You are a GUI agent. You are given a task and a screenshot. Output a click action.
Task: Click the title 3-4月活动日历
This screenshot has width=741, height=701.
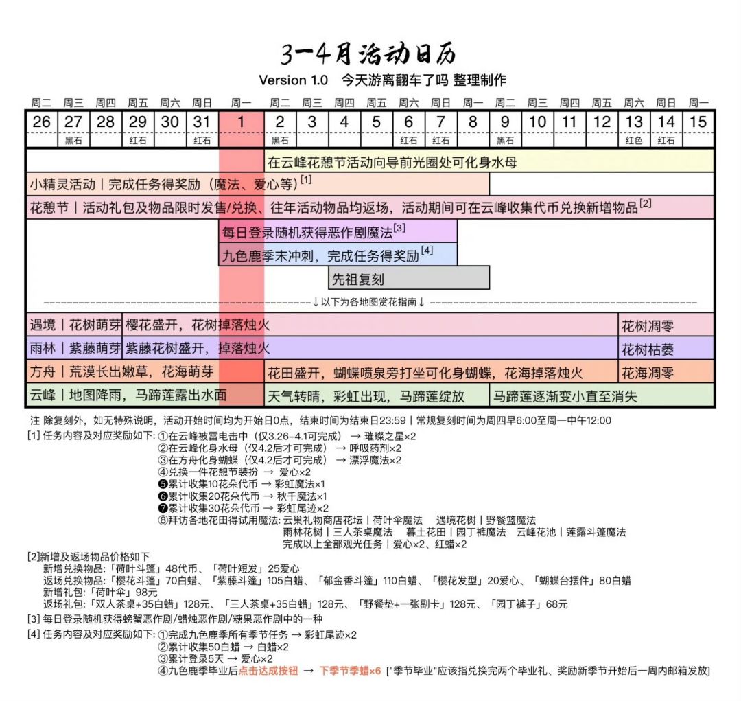pyautogui.click(x=368, y=54)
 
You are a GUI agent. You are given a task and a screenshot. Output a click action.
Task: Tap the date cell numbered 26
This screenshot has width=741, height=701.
pyautogui.click(x=41, y=122)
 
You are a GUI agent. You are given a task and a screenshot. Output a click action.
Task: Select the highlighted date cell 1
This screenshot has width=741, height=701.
pyautogui.click(x=241, y=122)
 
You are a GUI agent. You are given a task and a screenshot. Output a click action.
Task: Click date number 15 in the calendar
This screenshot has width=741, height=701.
pyautogui.click(x=698, y=122)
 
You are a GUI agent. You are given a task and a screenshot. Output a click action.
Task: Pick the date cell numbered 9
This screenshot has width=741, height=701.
pyautogui.click(x=505, y=122)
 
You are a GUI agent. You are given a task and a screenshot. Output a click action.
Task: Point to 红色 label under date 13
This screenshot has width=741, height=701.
pyautogui.click(x=633, y=141)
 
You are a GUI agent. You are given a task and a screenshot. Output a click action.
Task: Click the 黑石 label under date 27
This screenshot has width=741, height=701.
pyautogui.click(x=73, y=141)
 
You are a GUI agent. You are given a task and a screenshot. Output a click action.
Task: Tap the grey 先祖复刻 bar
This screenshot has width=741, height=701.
pyautogui.click(x=409, y=278)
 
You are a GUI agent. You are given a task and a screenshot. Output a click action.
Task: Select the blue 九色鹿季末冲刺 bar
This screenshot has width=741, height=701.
pyautogui.click(x=338, y=255)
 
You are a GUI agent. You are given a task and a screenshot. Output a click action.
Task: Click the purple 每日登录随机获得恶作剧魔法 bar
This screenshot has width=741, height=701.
pyautogui.click(x=338, y=231)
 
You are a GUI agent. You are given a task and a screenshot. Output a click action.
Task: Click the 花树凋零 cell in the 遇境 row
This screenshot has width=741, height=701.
pyautogui.click(x=666, y=325)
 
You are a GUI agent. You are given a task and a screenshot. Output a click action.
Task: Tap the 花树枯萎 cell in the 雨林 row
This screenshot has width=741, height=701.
pyautogui.click(x=666, y=349)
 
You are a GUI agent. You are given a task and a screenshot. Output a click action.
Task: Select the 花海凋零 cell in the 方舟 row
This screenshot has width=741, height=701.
pyautogui.click(x=666, y=373)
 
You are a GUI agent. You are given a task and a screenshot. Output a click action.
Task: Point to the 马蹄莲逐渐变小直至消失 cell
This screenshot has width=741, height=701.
pyautogui.click(x=602, y=396)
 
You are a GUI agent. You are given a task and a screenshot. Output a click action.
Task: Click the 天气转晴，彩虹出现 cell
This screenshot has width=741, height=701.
pyautogui.click(x=377, y=396)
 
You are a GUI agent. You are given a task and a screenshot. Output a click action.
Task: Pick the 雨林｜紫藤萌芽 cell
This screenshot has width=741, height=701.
pyautogui.click(x=74, y=349)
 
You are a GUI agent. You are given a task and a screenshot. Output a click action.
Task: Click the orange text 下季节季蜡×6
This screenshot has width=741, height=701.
pyautogui.click(x=350, y=671)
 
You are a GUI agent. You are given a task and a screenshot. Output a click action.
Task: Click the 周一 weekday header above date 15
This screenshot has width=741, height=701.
pyautogui.click(x=698, y=103)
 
